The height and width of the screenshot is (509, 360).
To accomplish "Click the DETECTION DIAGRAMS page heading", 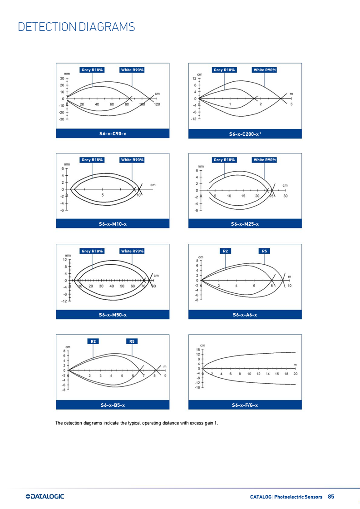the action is tap(76, 27).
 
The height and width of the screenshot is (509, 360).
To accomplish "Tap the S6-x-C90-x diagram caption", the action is tap(113, 133).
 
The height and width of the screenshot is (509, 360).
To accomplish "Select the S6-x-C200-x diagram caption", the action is tap(245, 134).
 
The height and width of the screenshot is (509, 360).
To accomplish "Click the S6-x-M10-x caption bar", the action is tap(113, 224).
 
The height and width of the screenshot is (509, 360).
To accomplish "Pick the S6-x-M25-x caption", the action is tap(245, 224).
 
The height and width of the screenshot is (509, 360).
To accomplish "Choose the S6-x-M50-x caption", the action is tap(113, 315).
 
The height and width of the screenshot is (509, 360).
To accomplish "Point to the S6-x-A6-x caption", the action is tap(245, 315).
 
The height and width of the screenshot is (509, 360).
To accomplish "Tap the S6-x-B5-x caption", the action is tap(113, 405).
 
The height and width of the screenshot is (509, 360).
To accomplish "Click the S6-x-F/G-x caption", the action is tap(245, 405).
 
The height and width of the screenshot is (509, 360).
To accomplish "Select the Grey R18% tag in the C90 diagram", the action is tap(92, 70).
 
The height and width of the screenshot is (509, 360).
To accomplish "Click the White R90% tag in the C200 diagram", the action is tap(265, 70).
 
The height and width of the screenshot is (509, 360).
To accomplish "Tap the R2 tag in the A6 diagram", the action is tap(225, 251).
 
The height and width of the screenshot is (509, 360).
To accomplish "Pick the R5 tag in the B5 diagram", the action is tap(132, 341).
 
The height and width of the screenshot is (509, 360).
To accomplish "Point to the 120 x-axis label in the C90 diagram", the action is tap(157, 104).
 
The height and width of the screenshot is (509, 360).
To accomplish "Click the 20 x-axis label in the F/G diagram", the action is tap(296, 374).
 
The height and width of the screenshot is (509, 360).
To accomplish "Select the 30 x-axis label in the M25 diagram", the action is tap(286, 196).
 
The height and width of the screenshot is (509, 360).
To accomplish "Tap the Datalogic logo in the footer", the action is tap(45, 496).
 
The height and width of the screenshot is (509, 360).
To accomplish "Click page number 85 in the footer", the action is tap(331, 497).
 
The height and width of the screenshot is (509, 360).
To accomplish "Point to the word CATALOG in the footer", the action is tap(261, 497).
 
